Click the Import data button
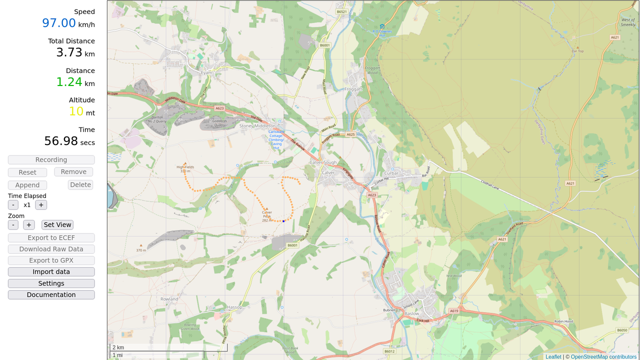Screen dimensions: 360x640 [x=51, y=272]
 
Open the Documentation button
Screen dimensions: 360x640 [x=51, y=295]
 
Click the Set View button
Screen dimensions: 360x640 [x=57, y=225]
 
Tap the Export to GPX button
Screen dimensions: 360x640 [x=51, y=260]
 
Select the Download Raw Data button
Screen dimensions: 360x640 [x=51, y=249]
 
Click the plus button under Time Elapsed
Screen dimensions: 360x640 [x=41, y=205]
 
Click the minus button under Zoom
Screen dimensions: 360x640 [x=13, y=225]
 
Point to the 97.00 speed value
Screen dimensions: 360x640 [x=59, y=23]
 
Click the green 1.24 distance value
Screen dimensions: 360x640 [x=69, y=82]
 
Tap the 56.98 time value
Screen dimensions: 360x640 [x=61, y=141]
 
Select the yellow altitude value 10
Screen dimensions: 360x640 [x=76, y=111]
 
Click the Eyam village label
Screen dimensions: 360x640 [x=206, y=72]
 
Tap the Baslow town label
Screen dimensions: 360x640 [x=411, y=313]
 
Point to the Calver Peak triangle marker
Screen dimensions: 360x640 [x=266, y=208]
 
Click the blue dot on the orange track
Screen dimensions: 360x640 [x=283, y=221]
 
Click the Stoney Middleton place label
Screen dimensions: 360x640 [x=257, y=126]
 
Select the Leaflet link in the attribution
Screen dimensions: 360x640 [x=553, y=356]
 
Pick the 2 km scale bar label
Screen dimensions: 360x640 [x=118, y=347]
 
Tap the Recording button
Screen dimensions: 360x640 [x=51, y=160]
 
